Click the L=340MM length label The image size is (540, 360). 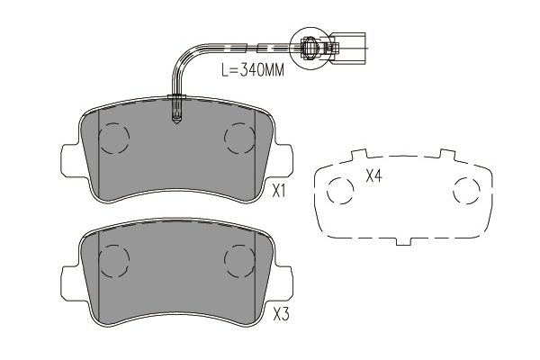pyautogui.click(x=252, y=70)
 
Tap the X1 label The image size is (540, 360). pyautogui.click(x=279, y=191)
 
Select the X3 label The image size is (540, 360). pyautogui.click(x=281, y=314)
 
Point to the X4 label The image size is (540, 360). pyautogui.click(x=373, y=176)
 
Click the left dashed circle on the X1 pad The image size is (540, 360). pyautogui.click(x=113, y=138)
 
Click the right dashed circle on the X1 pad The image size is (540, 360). pyautogui.click(x=239, y=138)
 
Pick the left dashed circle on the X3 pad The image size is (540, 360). pyautogui.click(x=113, y=260)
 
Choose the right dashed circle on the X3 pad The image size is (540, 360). pyautogui.click(x=239, y=260)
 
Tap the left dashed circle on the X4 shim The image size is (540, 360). pyautogui.click(x=340, y=191)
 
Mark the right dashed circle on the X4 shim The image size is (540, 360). pyautogui.click(x=466, y=191)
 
